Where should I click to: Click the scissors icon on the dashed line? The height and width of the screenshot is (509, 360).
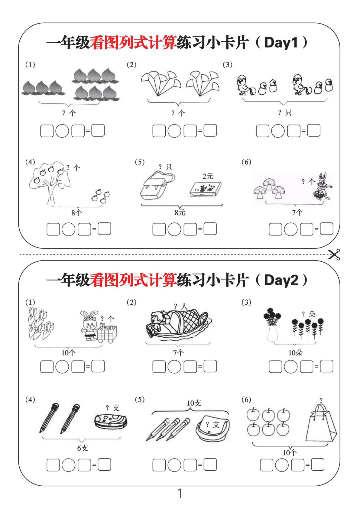(x=334, y=254)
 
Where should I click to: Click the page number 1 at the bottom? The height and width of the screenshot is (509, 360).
(x=180, y=493)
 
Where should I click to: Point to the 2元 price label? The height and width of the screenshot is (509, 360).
(x=208, y=176)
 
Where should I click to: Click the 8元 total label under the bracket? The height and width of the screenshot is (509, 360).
(x=180, y=212)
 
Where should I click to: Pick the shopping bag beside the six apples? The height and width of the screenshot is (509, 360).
(x=320, y=423)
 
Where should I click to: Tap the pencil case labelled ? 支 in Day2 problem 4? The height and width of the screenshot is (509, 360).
(x=111, y=421)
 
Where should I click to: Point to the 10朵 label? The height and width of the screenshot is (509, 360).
(x=295, y=353)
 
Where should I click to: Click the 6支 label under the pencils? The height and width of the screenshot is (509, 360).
(x=82, y=448)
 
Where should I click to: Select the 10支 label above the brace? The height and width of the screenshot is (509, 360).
(x=194, y=403)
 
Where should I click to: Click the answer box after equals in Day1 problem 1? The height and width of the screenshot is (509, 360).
(x=98, y=131)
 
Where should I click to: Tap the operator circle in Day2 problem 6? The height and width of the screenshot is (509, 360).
(x=282, y=465)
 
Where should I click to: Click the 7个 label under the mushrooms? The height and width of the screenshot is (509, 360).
(x=297, y=212)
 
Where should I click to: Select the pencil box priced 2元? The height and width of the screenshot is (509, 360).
(x=206, y=189)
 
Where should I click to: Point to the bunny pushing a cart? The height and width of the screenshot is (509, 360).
(x=98, y=327)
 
